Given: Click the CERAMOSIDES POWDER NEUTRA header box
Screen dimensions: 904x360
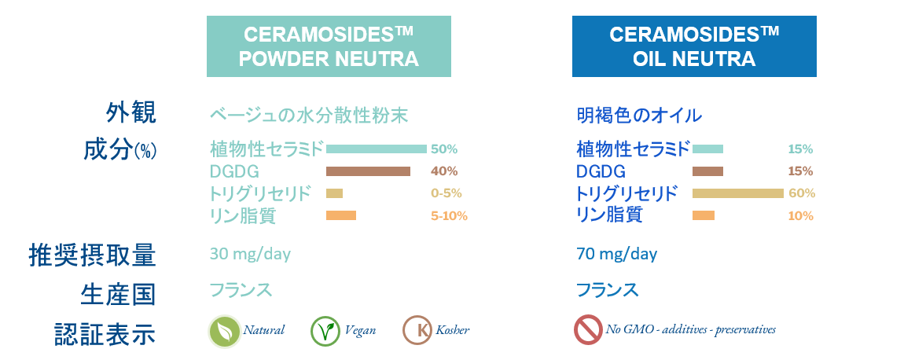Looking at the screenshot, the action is [x=329, y=46].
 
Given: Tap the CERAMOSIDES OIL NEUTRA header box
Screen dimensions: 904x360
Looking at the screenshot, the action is [x=694, y=46].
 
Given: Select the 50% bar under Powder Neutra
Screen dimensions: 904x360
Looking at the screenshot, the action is [x=377, y=149].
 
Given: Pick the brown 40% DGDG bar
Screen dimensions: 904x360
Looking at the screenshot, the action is [x=369, y=171].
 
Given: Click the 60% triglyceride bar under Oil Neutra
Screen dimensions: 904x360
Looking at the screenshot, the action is [x=738, y=193].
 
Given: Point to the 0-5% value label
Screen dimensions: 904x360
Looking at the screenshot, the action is [x=446, y=193].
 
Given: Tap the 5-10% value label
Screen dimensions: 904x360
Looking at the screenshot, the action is [x=449, y=216].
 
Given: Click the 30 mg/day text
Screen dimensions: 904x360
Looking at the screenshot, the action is [x=250, y=254].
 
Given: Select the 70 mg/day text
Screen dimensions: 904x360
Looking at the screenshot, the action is [x=617, y=254].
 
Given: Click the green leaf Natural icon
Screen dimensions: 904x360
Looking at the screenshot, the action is [x=224, y=331].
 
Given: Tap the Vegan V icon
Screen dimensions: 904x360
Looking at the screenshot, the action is [x=325, y=331].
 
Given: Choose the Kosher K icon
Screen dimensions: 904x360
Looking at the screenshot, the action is [x=417, y=331].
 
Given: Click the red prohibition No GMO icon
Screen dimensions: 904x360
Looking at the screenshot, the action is [x=588, y=330].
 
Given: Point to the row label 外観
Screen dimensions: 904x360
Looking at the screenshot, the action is [x=130, y=113].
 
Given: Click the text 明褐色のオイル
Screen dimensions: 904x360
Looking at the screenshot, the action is [x=639, y=116].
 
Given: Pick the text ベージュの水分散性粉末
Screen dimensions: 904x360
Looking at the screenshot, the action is [x=308, y=116].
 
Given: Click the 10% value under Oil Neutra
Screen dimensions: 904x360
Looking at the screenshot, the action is [x=801, y=216].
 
